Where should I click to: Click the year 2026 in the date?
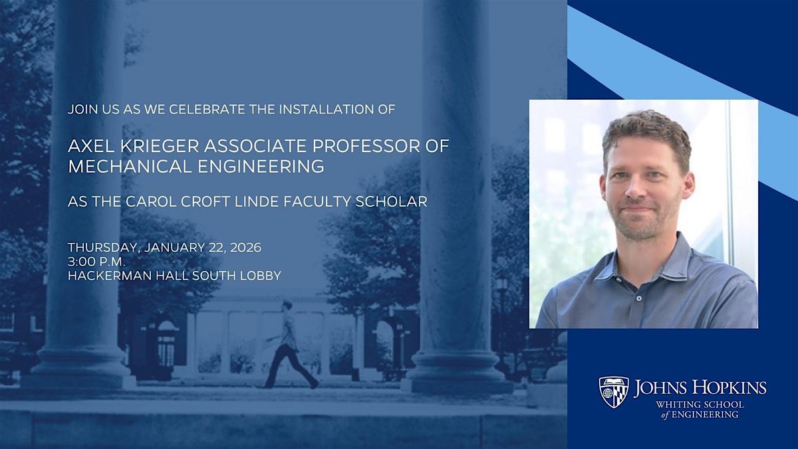243,248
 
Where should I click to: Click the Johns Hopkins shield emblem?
613,392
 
